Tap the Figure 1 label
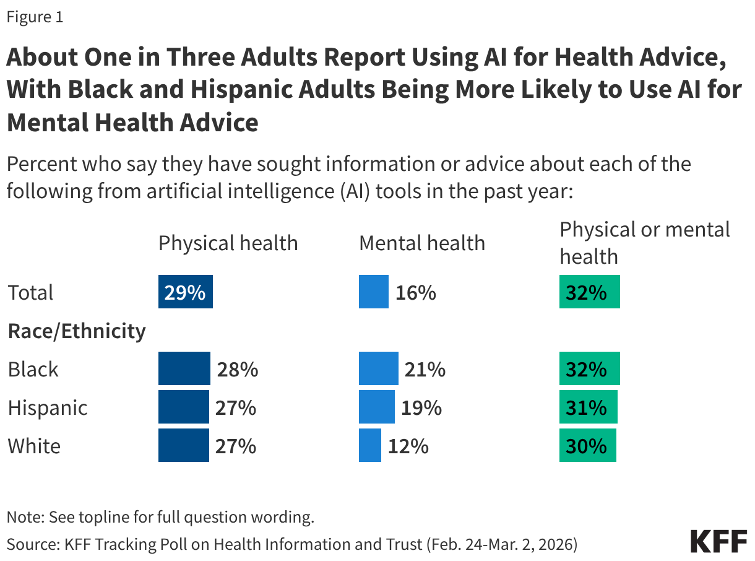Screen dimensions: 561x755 (x=35, y=17)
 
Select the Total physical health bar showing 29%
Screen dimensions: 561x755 (x=185, y=292)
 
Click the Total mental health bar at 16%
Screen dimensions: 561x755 (x=374, y=292)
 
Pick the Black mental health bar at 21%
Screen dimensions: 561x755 (x=378, y=369)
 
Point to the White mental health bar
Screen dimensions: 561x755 (x=370, y=446)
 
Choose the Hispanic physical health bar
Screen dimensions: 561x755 (x=183, y=407)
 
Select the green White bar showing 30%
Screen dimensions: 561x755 (x=587, y=446)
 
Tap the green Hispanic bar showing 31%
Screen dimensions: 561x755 (x=588, y=407)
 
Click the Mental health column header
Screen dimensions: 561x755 (x=422, y=243)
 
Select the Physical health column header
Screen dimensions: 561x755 (x=228, y=243)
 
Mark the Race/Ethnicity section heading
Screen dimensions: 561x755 (x=77, y=331)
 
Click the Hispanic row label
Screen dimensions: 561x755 (x=48, y=408)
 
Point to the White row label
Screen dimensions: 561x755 (x=34, y=446)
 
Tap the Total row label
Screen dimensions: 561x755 (x=31, y=292)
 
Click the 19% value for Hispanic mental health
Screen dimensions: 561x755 (x=421, y=408)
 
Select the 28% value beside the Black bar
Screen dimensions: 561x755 (x=237, y=370)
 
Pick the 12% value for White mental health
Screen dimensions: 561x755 (x=408, y=446)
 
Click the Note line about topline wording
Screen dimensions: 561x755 (x=160, y=517)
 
